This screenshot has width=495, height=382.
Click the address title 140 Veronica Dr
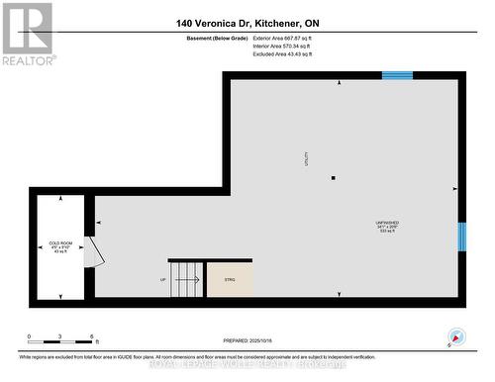(247, 22)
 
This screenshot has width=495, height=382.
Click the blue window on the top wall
(398, 75)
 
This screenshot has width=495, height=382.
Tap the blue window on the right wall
(461, 237)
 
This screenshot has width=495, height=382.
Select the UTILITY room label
(307, 157)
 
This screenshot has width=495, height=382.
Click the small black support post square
(334, 178)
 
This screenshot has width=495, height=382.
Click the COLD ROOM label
(60, 242)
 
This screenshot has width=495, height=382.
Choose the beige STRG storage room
(230, 279)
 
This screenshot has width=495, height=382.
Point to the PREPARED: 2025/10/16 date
(247, 337)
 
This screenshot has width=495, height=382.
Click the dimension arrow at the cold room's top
(60, 198)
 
